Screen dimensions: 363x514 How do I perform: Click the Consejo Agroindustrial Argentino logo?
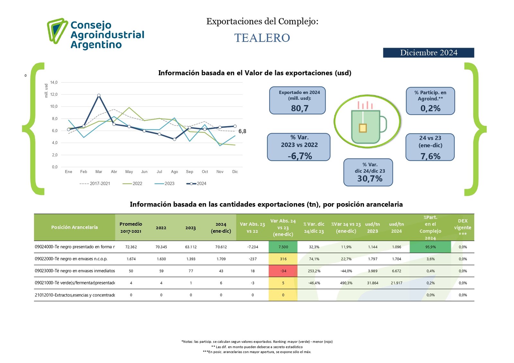click(x=96, y=34)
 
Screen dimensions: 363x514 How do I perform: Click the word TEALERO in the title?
click(x=262, y=38)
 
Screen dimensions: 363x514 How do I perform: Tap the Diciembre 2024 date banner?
click(x=428, y=53)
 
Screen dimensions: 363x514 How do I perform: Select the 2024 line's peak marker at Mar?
click(x=99, y=95)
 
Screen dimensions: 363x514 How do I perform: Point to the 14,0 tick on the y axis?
click(x=54, y=82)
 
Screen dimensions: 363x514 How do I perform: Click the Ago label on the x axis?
click(x=174, y=172)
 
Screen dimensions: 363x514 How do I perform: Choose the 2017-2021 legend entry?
click(x=95, y=184)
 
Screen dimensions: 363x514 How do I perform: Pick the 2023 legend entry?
click(x=165, y=184)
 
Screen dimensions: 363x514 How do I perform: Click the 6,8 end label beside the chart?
click(x=242, y=131)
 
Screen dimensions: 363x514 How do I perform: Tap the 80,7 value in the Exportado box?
click(x=299, y=108)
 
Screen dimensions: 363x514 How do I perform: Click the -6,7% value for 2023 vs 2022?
click(x=300, y=156)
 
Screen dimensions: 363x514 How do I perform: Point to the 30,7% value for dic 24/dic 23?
click(x=370, y=179)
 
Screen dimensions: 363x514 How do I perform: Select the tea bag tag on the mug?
click(x=363, y=128)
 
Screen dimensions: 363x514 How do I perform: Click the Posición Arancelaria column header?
click(x=75, y=227)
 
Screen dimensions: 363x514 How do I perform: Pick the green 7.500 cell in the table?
click(x=283, y=247)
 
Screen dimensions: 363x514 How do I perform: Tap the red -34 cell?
click(x=283, y=271)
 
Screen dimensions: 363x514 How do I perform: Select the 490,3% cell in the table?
click(x=346, y=283)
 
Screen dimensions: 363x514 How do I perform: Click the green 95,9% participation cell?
click(x=430, y=247)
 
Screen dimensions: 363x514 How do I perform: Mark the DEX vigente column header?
click(x=463, y=227)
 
